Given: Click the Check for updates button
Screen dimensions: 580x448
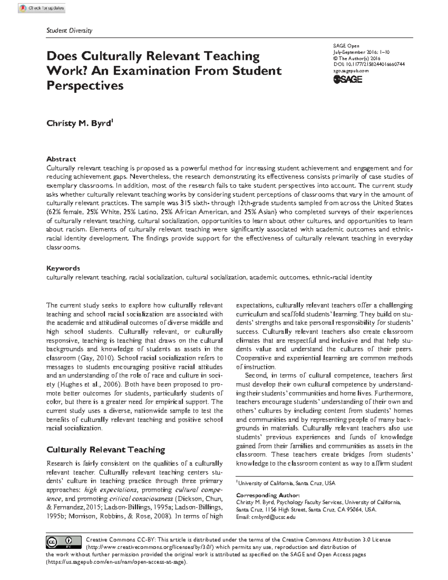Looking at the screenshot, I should coord(42,8).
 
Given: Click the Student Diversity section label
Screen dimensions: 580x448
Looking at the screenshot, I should coord(69,31).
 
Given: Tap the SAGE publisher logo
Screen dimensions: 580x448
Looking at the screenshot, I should coord(348,79).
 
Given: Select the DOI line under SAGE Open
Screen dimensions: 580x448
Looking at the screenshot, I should coord(369,64).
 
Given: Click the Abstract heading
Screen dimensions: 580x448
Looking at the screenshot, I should coord(61,159).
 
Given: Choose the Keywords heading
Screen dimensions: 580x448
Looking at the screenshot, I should coord(63,268).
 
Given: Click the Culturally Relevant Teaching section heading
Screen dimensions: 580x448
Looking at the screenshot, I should coord(105,450).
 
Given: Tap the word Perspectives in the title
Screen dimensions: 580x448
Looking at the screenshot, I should coord(85,86).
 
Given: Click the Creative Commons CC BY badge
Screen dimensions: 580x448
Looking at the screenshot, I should coord(64,542).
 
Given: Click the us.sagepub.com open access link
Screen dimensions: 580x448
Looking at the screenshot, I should coord(116,562).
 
